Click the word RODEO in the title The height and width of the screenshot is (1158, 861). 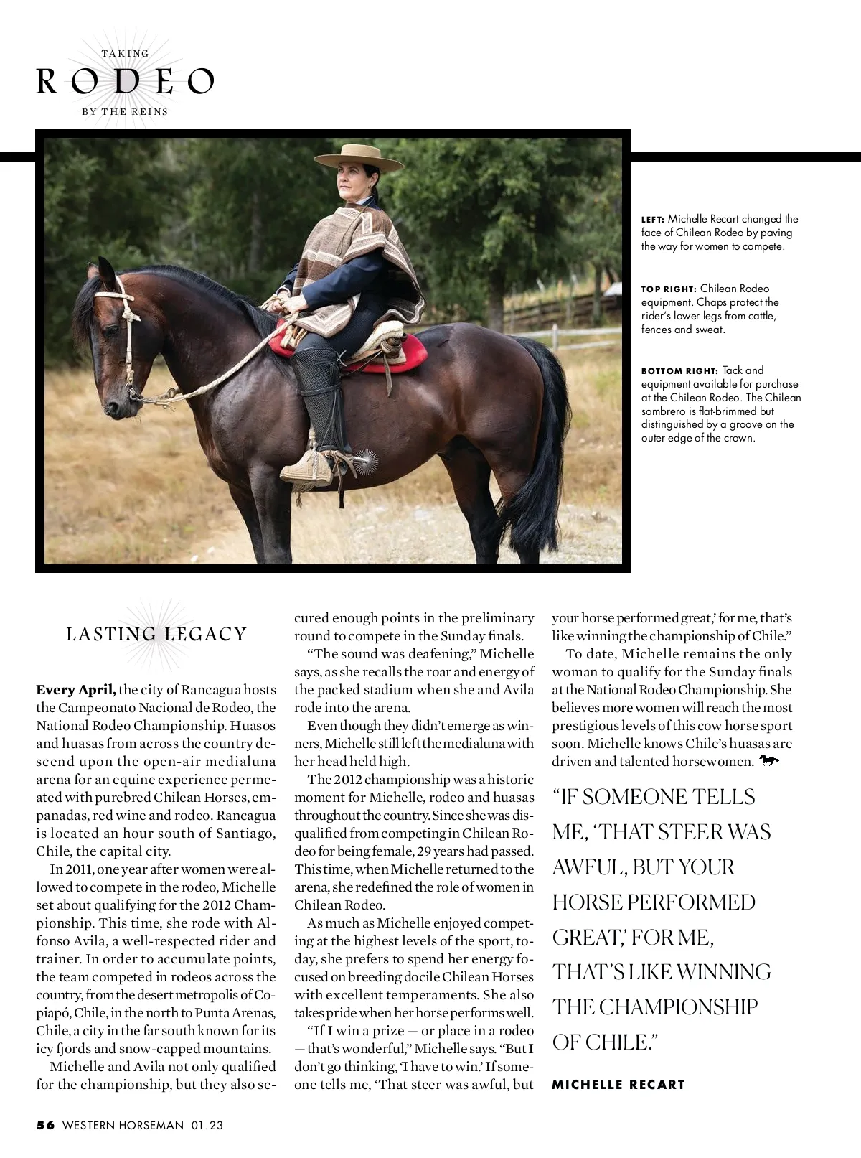point(126,83)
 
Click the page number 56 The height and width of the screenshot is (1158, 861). point(45,1125)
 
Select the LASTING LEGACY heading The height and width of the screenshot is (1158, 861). point(156,634)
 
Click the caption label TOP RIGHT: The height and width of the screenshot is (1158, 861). point(669,289)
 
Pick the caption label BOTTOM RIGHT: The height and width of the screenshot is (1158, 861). point(679,370)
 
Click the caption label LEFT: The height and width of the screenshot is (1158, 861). point(653,219)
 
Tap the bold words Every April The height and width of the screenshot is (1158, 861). point(75,689)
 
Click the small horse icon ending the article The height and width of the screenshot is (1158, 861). point(768,760)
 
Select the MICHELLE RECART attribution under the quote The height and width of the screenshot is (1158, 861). point(618,1084)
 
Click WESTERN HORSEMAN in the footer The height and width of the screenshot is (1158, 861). point(123,1125)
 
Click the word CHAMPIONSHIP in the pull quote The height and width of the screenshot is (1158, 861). point(677,1007)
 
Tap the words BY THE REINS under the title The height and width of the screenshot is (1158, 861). point(125,111)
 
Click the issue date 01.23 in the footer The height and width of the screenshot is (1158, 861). point(207,1125)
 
